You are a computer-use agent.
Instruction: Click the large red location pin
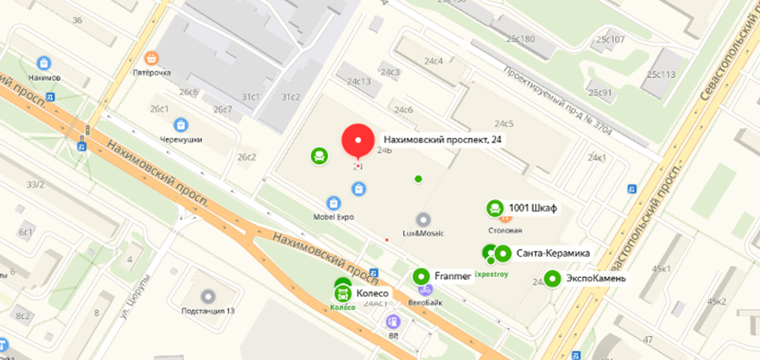[x=358, y=140]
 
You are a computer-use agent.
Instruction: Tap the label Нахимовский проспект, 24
[x=442, y=140]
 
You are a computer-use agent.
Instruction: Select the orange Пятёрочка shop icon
[x=152, y=58]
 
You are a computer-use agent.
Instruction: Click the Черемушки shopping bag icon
[x=181, y=125]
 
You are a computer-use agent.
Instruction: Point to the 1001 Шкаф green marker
[x=494, y=209]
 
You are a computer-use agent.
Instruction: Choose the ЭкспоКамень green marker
[x=552, y=279]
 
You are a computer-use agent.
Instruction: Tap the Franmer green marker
[x=421, y=277]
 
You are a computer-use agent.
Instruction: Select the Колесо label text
[x=373, y=292]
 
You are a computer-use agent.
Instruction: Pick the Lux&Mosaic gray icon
[x=423, y=219]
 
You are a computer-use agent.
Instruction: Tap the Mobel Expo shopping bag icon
[x=333, y=203]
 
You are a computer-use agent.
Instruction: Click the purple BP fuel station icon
[x=393, y=322]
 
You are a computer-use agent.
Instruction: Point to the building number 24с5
[x=504, y=123]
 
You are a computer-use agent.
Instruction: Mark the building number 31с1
[x=251, y=96]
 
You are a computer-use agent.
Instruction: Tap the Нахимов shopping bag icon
[x=45, y=63]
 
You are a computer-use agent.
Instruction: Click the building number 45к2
[x=716, y=301]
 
